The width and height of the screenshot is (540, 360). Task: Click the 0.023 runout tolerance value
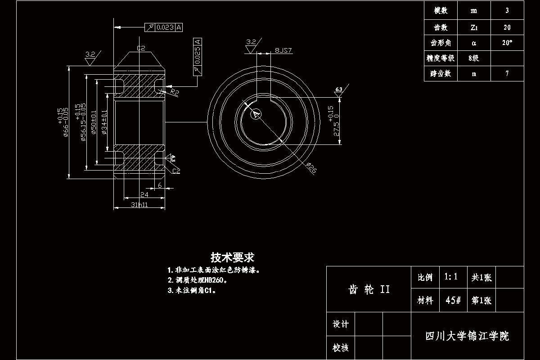[165, 27]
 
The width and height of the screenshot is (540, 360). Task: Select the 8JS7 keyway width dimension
[283, 50]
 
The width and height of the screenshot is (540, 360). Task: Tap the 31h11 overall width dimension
[139, 205]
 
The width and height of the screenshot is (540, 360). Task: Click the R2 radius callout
[175, 92]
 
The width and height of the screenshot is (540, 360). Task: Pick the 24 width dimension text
[144, 194]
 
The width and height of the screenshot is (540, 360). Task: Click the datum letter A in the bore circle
[256, 115]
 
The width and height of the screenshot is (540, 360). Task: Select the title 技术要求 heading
[233, 257]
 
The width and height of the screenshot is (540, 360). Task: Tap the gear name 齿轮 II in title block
[369, 289]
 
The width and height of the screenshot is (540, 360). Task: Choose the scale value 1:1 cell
[451, 277]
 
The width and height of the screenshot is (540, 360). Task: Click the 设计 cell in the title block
[340, 324]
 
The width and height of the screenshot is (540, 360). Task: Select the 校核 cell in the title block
[340, 347]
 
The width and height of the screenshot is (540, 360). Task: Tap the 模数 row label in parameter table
[441, 11]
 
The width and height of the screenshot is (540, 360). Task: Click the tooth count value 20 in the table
[507, 27]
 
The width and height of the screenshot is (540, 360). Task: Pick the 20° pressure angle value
[507, 43]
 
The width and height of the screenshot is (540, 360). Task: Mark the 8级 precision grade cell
[474, 58]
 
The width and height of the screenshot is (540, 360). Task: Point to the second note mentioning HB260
[198, 280]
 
